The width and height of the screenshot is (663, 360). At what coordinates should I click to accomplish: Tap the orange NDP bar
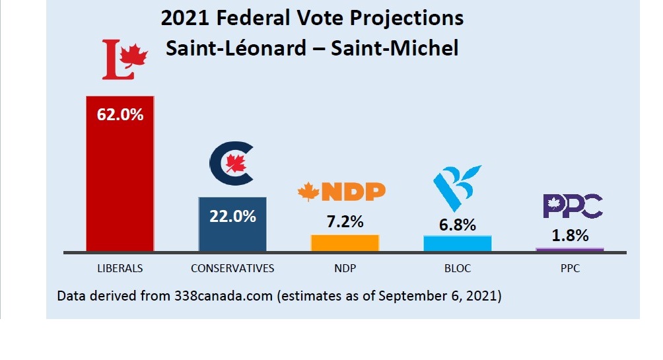click(345, 243)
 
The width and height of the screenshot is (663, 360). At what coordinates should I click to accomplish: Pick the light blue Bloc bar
click(457, 243)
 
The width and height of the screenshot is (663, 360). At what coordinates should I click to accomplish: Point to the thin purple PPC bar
click(569, 249)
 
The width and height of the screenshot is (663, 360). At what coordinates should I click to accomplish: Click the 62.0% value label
click(120, 114)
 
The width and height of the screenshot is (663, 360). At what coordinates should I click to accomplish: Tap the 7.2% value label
click(345, 222)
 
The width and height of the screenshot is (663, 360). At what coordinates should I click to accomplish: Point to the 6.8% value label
click(457, 225)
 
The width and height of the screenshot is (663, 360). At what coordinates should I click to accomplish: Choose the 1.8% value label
click(569, 235)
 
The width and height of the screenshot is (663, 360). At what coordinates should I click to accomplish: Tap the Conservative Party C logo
click(231, 164)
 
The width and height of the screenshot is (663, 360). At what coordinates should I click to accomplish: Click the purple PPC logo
click(573, 205)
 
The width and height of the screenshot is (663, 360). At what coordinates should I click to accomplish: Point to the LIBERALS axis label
click(120, 268)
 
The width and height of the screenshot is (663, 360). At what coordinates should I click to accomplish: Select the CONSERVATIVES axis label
click(232, 268)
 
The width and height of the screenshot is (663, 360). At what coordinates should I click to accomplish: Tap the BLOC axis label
click(457, 268)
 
